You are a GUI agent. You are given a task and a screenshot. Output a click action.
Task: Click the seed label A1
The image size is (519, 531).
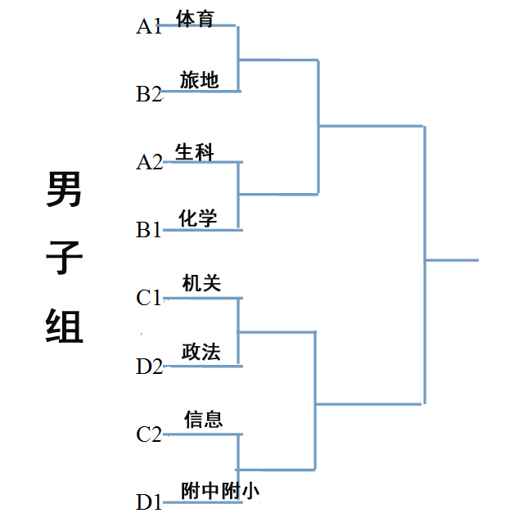149,26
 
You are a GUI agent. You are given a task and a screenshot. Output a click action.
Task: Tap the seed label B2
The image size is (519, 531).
149,94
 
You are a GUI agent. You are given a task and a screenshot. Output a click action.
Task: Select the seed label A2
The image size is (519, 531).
149,162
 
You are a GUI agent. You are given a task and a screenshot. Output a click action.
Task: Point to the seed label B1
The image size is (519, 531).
149,230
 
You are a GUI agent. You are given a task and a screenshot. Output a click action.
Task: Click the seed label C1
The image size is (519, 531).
149,298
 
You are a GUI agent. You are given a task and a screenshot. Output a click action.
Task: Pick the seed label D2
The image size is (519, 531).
149,366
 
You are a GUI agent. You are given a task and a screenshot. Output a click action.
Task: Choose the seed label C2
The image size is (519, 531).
149,434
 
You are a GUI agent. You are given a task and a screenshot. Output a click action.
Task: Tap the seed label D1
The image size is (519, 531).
149,502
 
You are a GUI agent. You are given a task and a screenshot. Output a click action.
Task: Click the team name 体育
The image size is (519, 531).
195,17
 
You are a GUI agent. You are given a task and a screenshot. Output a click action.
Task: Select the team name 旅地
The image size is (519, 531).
200,80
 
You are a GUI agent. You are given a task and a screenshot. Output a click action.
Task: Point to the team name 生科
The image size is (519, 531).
194,152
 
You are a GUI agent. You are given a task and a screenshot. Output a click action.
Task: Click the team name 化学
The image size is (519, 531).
198,218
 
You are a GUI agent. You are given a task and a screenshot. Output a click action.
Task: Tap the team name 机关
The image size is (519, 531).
201,284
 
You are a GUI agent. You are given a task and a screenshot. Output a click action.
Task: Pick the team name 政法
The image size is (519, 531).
201,352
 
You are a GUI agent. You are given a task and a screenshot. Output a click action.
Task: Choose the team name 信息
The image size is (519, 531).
203,420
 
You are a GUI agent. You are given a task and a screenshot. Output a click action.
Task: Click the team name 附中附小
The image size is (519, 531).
220,490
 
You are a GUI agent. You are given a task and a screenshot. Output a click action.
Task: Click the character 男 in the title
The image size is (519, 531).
63,190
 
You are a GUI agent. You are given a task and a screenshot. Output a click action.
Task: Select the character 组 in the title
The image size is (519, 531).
63,326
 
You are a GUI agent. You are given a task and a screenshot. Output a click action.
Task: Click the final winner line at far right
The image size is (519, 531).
452,260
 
